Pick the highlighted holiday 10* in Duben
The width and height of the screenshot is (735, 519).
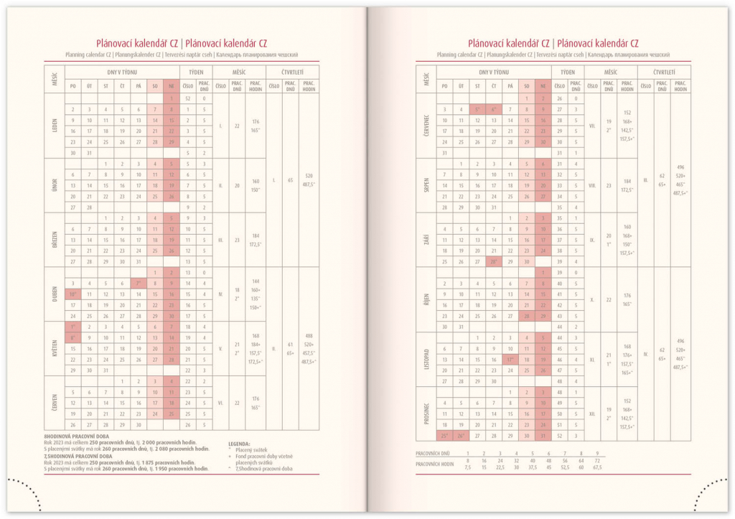pos(72,294)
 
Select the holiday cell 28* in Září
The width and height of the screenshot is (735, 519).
pos(493,262)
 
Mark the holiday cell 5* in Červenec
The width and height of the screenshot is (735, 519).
pos(477,109)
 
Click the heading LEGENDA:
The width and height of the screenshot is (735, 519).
pos(240,444)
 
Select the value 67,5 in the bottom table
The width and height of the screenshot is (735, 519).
pos(597,467)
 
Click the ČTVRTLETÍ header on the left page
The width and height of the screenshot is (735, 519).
pos(292,73)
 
